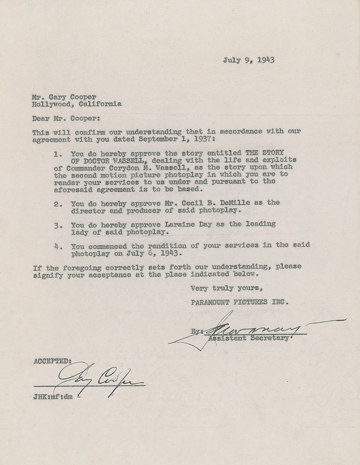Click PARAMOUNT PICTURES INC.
240,302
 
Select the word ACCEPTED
52,361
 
